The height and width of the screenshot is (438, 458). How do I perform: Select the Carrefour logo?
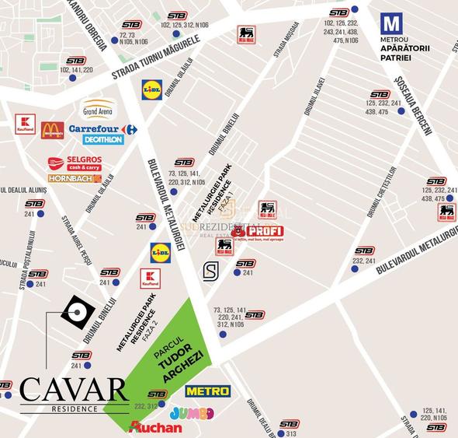(x=102, y=129)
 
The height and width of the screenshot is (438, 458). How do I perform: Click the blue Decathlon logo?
(x=102, y=140)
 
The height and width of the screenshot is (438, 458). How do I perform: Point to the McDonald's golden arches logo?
(x=52, y=129)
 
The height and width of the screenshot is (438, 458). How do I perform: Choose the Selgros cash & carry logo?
(x=74, y=163)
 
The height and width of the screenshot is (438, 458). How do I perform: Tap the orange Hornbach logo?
(x=75, y=178)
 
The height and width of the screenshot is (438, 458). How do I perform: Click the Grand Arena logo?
(x=99, y=109)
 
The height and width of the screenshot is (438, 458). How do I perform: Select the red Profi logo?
(x=257, y=231)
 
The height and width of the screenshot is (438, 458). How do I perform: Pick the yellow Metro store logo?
(x=207, y=391)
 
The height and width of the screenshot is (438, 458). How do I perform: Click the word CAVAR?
(x=75, y=388)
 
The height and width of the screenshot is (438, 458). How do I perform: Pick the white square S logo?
(x=210, y=271)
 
